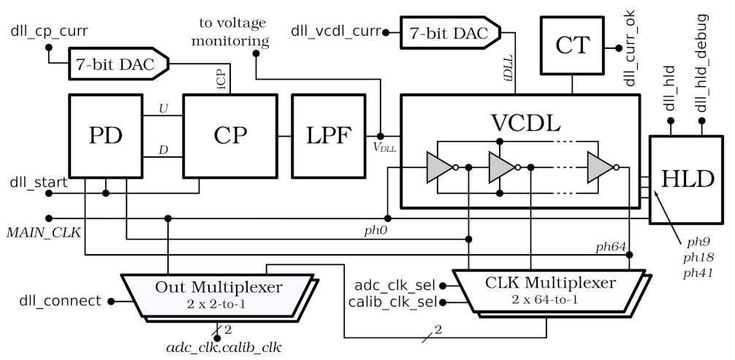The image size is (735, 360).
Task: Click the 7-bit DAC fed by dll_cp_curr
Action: pyautogui.click(x=116, y=65)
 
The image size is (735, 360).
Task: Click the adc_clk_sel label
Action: pyautogui.click(x=395, y=284)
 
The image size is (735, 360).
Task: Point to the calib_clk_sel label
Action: pyautogui.click(x=392, y=301)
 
